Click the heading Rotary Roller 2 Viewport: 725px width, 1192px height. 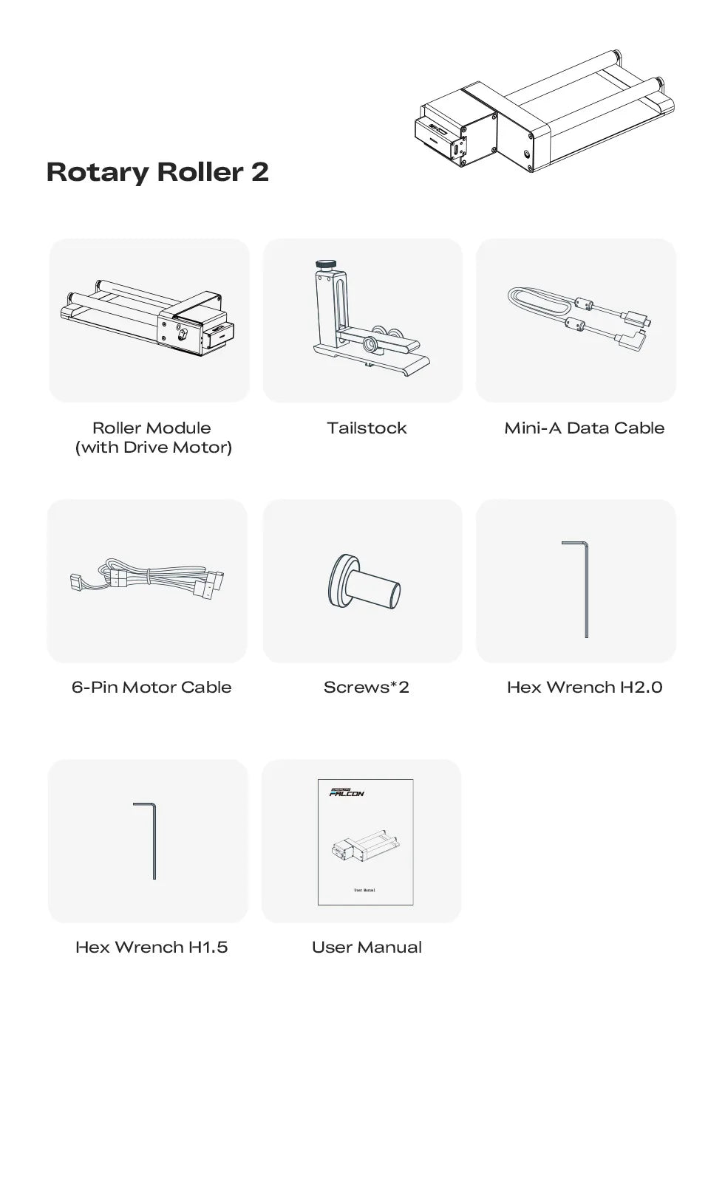click(157, 172)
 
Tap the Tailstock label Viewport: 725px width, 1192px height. click(367, 428)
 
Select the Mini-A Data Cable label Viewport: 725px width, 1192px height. click(585, 428)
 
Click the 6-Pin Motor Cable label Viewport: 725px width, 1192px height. click(152, 687)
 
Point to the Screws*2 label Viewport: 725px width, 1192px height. click(367, 687)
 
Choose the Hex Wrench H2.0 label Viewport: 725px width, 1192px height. click(585, 687)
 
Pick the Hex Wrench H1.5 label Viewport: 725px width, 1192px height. click(152, 947)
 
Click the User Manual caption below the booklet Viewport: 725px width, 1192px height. click(367, 947)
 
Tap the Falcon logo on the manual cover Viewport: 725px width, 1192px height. click(347, 792)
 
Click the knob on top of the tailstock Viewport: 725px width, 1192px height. click(326, 264)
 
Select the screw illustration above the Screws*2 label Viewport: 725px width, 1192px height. click(364, 581)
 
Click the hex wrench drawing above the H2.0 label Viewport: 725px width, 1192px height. click(586, 589)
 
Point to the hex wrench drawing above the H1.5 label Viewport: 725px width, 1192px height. click(154, 840)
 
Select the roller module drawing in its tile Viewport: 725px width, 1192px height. click(148, 318)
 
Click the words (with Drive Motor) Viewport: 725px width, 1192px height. click(154, 447)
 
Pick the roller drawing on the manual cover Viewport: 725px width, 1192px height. click(365, 846)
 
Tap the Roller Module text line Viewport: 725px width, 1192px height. click(152, 428)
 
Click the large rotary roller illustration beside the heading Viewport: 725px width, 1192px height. click(545, 111)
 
